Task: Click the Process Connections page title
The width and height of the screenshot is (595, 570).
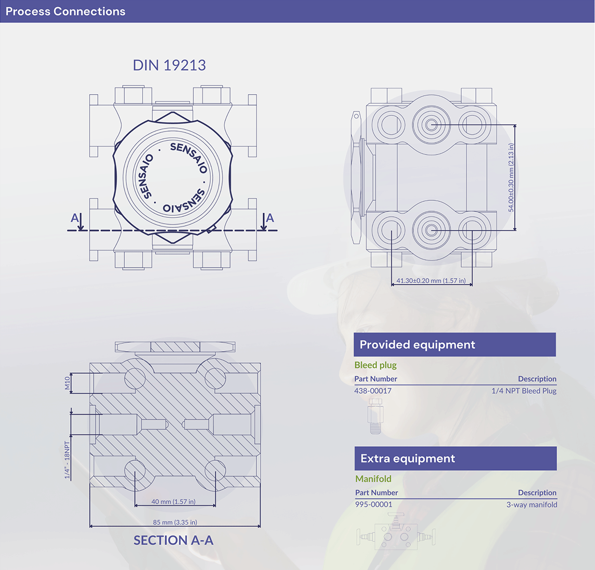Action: [66, 11]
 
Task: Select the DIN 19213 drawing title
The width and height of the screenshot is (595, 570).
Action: [169, 65]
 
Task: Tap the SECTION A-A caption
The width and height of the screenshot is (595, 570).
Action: [173, 540]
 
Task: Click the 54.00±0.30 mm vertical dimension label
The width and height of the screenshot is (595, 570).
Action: [511, 178]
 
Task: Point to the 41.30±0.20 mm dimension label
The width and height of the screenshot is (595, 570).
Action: [431, 281]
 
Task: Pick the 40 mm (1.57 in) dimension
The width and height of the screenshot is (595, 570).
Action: [173, 502]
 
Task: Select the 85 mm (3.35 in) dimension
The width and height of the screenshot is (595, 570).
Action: [175, 522]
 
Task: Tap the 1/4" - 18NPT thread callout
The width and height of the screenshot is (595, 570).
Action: [67, 460]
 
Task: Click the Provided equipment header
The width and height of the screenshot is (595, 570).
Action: [417, 345]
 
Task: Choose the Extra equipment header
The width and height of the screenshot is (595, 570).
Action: [408, 459]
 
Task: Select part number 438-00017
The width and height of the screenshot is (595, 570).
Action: [373, 391]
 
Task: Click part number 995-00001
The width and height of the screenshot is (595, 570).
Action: [374, 504]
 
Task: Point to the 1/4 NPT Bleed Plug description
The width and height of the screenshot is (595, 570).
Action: [524, 391]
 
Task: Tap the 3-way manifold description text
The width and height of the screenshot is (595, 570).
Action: [532, 504]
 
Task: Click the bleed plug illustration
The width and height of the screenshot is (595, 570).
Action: [374, 416]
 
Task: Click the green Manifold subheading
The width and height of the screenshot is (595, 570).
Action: [373, 478]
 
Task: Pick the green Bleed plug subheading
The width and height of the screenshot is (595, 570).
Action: [376, 365]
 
